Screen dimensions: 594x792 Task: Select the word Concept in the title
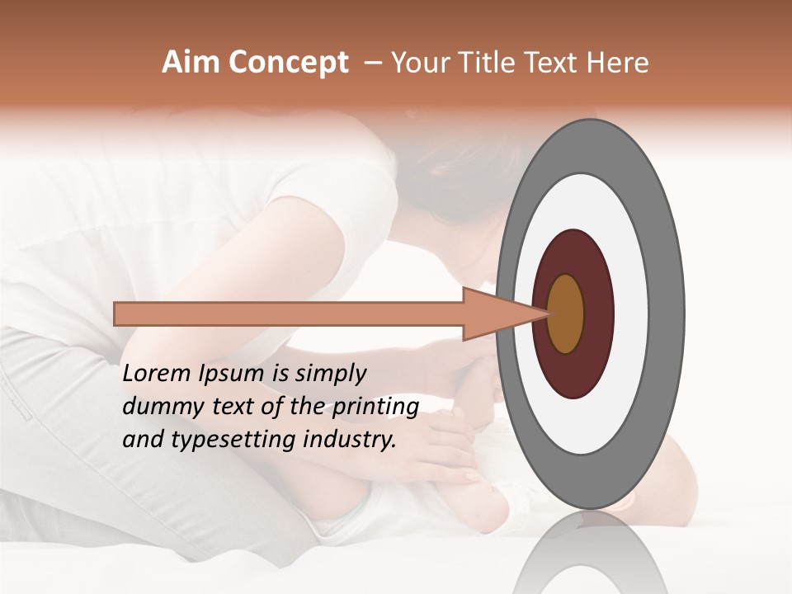click(288, 63)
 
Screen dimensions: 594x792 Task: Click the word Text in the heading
click(551, 63)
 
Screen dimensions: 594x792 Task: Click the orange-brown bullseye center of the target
click(566, 313)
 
